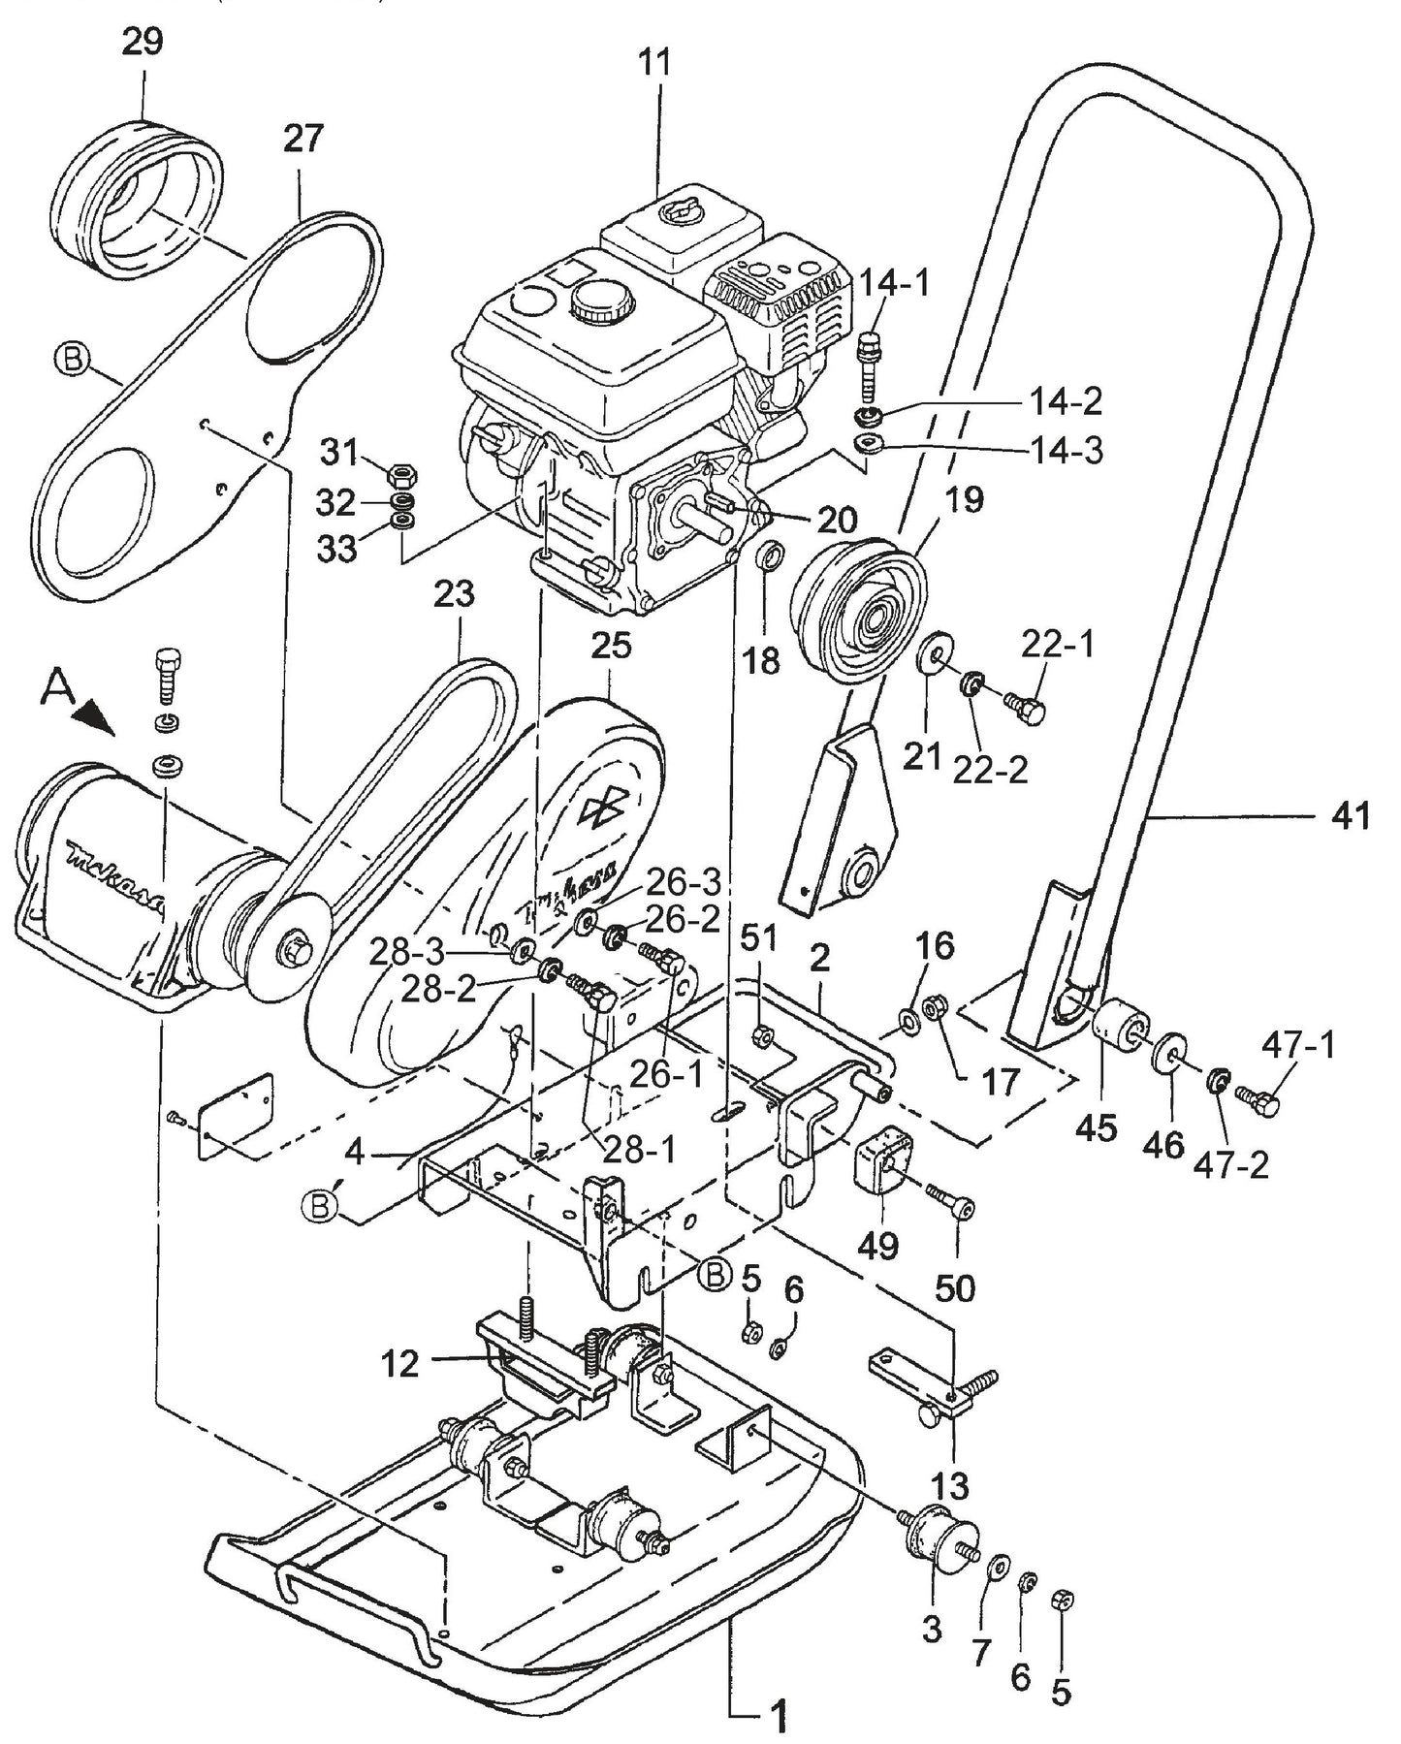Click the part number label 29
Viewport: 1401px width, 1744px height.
(x=143, y=43)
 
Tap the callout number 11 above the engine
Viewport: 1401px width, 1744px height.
(x=659, y=64)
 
